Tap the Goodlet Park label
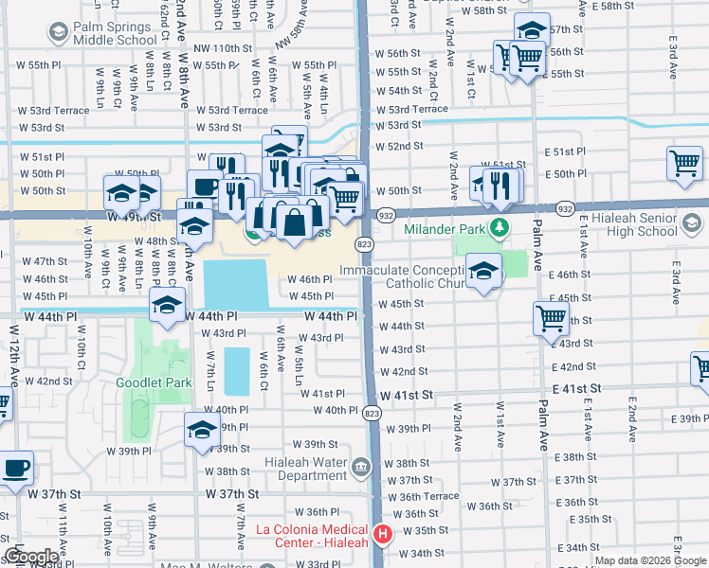pyautogui.click(x=153, y=383)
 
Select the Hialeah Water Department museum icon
pyautogui.click(x=361, y=467)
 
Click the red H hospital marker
pyautogui.click(x=383, y=535)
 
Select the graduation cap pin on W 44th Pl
pyautogui.click(x=167, y=306)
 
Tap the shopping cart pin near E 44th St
pyautogui.click(x=551, y=318)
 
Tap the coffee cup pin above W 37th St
pyautogui.click(x=16, y=468)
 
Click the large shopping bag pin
pyautogui.click(x=295, y=223)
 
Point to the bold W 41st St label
pyautogui.click(x=407, y=393)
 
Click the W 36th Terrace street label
pyautogui.click(x=429, y=496)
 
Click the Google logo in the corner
pyautogui.click(x=31, y=557)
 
